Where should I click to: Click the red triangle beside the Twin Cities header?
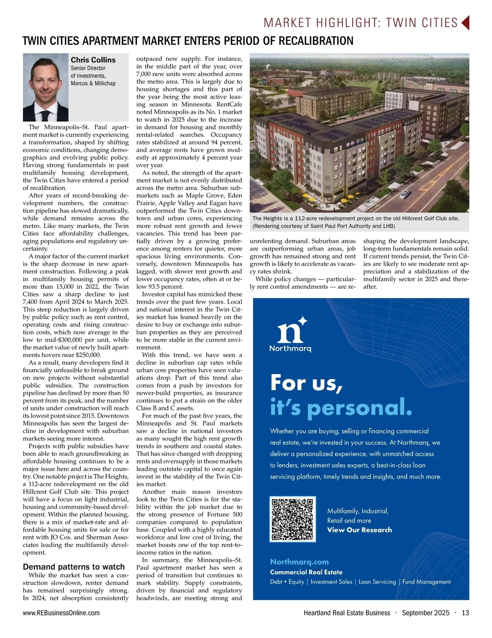[x=465, y=23]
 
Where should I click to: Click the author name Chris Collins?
[x=93, y=60]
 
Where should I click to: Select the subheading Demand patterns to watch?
[x=74, y=567]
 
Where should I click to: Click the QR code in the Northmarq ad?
[x=293, y=519]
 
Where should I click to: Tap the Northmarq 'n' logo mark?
[x=292, y=330]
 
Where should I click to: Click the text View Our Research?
[x=359, y=530]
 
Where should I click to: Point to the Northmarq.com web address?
[x=299, y=562]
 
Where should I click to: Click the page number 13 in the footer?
[x=465, y=613]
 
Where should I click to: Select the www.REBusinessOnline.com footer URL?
[x=61, y=613]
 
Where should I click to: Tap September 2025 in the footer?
[x=426, y=613]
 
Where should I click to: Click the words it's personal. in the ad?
[x=341, y=407]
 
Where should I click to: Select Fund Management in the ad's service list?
[x=426, y=582]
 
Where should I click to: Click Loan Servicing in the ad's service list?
[x=377, y=582]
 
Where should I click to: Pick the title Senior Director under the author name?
[x=88, y=68]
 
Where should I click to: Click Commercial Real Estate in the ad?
[x=306, y=572]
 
